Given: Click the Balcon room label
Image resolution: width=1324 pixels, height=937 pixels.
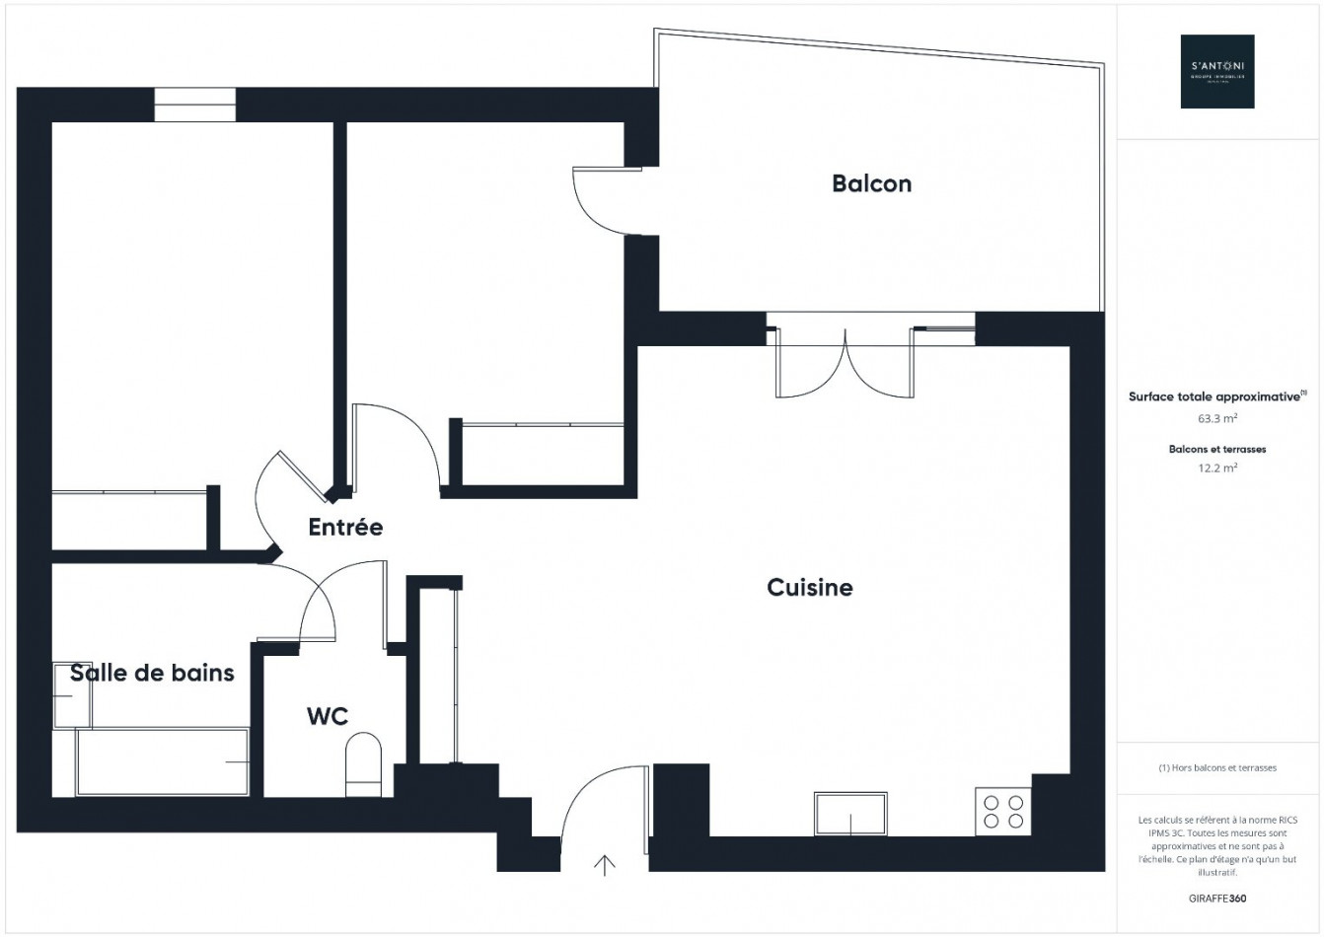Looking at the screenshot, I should pyautogui.click(x=871, y=183).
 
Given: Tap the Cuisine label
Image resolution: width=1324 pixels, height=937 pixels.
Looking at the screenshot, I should pyautogui.click(x=809, y=588).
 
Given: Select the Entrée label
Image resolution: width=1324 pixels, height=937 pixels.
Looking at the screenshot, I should pyautogui.click(x=345, y=528).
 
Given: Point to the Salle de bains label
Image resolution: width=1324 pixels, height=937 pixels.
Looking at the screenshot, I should pyautogui.click(x=152, y=674).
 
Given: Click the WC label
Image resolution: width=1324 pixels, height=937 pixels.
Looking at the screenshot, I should pyautogui.click(x=327, y=716).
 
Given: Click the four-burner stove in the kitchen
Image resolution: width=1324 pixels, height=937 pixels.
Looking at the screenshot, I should pyautogui.click(x=1003, y=811).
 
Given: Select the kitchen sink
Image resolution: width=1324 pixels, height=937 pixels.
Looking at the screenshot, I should pyautogui.click(x=849, y=814).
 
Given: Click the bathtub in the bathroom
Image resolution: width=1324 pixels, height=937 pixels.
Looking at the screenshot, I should pyautogui.click(x=163, y=762).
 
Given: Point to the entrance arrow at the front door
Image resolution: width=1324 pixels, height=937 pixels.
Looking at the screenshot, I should pyautogui.click(x=604, y=865).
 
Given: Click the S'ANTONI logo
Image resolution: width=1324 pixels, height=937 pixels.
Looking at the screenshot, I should pyautogui.click(x=1217, y=71).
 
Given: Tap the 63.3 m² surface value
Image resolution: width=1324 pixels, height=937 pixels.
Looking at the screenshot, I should pyautogui.click(x=1217, y=418).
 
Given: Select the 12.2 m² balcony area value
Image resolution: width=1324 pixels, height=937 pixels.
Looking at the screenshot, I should pyautogui.click(x=1217, y=468).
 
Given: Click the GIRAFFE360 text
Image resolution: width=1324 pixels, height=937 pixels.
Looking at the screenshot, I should pyautogui.click(x=1217, y=899).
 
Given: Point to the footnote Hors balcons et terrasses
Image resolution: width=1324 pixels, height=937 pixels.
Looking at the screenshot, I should pyautogui.click(x=1217, y=768).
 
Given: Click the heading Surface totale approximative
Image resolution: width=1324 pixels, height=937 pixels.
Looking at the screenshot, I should pyautogui.click(x=1215, y=396).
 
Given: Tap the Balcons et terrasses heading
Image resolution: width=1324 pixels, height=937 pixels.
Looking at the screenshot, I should pyautogui.click(x=1217, y=449).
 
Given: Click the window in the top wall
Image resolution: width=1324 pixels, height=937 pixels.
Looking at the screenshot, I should pyautogui.click(x=195, y=105).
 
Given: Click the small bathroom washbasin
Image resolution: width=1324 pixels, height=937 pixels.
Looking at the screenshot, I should pyautogui.click(x=71, y=695).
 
